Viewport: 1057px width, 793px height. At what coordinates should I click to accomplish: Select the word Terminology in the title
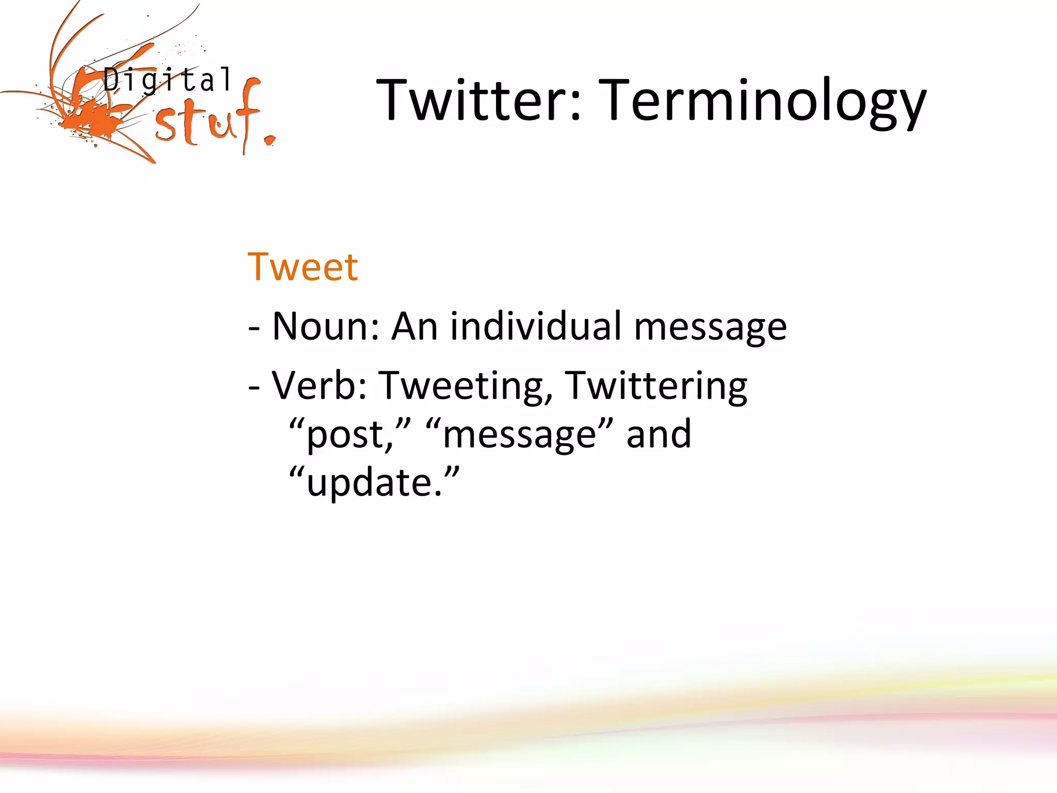coord(764,101)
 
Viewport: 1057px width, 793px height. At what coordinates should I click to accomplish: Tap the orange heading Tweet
coord(302,267)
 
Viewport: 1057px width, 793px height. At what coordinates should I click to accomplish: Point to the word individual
coord(536,326)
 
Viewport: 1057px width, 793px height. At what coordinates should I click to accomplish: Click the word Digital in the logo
coord(167,81)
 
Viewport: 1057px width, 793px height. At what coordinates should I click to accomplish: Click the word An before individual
coord(415,326)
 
